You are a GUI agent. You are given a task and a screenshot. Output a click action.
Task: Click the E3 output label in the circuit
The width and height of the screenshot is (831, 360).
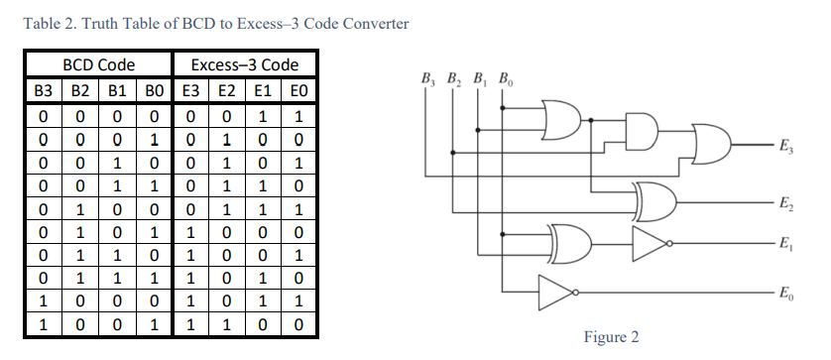(x=785, y=148)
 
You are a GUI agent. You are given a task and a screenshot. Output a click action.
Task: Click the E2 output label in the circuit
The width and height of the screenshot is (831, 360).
(x=785, y=204)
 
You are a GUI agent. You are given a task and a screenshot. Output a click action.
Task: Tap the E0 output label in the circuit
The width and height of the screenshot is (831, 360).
(x=785, y=295)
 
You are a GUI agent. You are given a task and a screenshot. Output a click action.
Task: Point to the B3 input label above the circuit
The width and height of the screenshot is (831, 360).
(x=427, y=77)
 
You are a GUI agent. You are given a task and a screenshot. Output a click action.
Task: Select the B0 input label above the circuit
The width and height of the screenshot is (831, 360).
(x=506, y=77)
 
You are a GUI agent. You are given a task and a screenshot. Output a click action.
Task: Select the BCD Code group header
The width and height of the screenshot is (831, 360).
(x=98, y=65)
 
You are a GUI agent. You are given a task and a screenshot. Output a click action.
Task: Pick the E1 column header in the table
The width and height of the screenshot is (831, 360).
(x=263, y=90)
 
